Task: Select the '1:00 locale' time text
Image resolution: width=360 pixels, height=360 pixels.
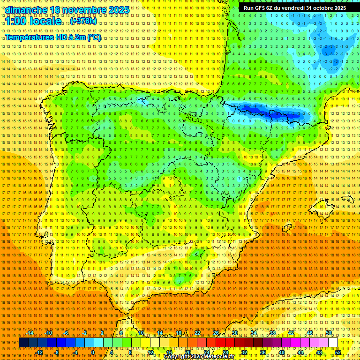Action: tap(33, 22)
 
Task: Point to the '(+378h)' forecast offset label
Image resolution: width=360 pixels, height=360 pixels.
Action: tap(83, 22)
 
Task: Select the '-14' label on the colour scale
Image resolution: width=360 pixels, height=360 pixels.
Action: tap(30, 333)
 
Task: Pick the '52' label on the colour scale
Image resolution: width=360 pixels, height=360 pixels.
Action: tap(338, 352)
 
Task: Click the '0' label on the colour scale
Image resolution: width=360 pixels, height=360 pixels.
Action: tap(93, 352)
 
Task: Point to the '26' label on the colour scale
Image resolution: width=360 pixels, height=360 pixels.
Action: tap(216, 333)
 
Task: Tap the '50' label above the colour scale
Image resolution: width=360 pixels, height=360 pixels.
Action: tap(329, 333)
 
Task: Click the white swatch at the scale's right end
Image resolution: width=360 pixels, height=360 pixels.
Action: tap(333, 343)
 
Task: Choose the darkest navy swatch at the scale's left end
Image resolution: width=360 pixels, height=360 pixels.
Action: tap(23, 343)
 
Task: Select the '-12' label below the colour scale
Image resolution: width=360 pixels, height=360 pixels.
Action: tap(40, 352)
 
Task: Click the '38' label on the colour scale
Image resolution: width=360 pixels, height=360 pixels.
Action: tap(272, 333)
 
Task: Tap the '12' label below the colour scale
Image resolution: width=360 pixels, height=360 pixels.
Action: tap(150, 352)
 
